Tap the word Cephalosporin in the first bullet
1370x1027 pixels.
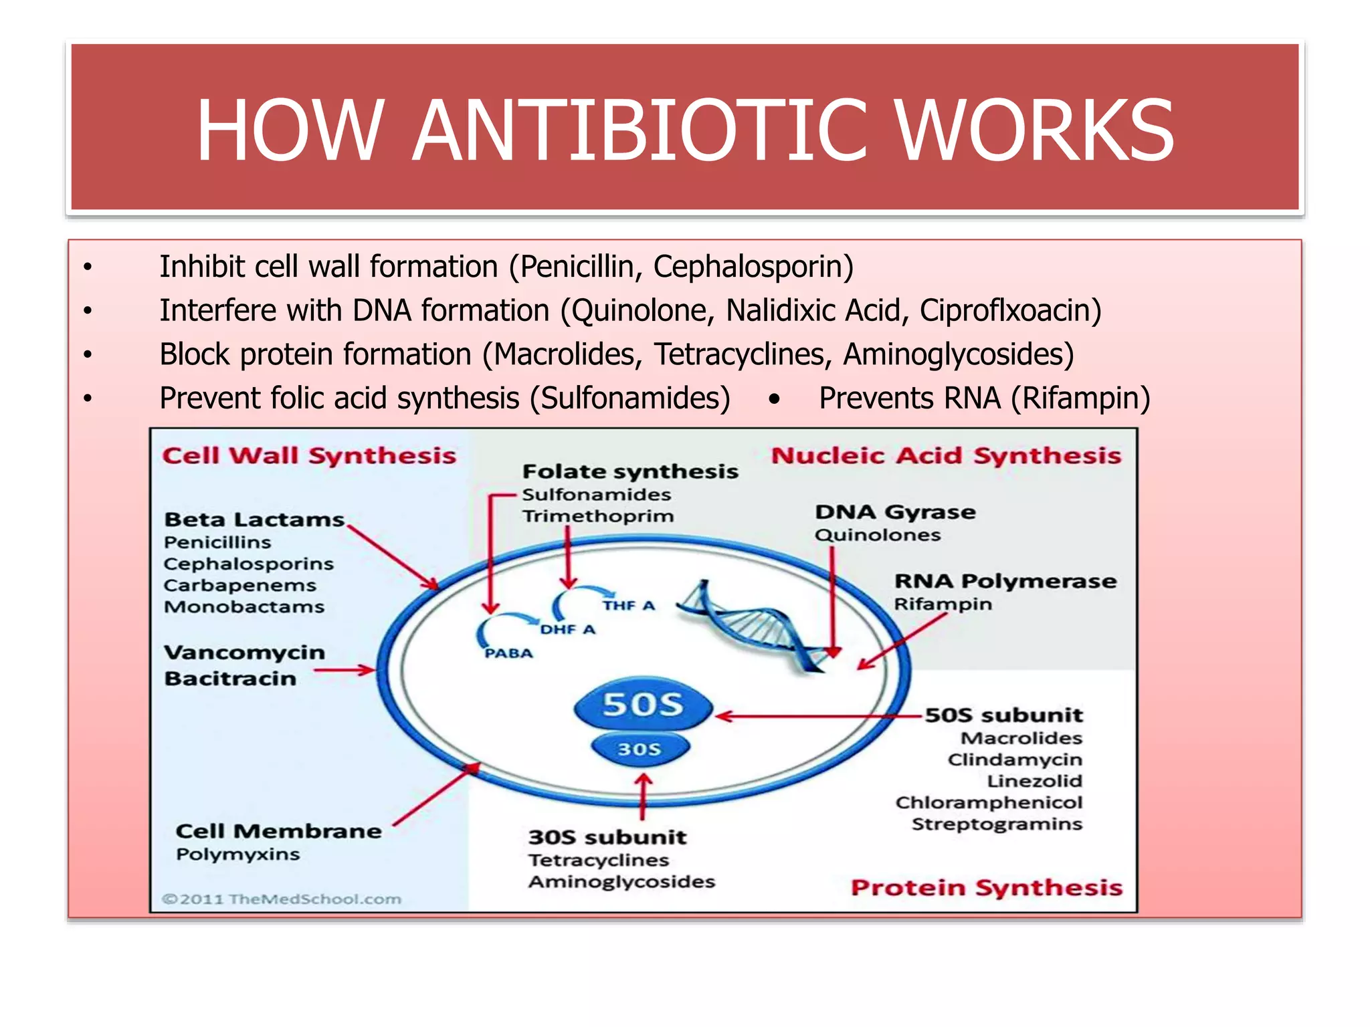pos(753,267)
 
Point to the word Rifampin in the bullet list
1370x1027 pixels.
pos(1080,398)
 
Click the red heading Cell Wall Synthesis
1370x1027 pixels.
pos(309,456)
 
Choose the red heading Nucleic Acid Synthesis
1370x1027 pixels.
pos(946,456)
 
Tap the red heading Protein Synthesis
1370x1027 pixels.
pos(986,888)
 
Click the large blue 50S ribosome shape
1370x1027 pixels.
pos(643,705)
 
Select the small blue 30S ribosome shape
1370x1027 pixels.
pos(640,749)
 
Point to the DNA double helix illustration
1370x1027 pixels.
pos(756,625)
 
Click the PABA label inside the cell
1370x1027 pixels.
pos(508,653)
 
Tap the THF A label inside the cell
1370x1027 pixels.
pos(628,606)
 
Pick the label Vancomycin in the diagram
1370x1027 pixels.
pos(245,653)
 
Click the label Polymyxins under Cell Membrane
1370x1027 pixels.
pos(238,854)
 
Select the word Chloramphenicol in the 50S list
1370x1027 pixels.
pos(988,802)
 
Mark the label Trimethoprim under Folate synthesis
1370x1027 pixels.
pos(598,516)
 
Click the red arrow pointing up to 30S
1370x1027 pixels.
pos(643,796)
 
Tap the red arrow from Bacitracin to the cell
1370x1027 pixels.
pos(344,670)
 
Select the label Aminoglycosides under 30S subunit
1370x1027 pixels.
pos(621,882)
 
